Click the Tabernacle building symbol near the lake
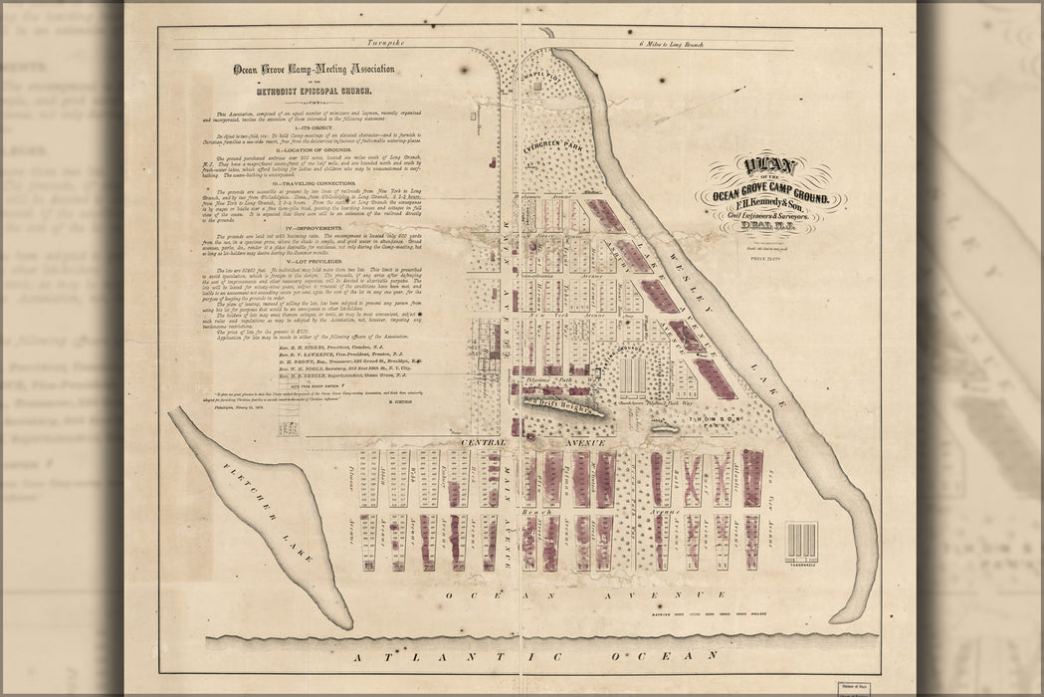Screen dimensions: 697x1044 click(800, 543)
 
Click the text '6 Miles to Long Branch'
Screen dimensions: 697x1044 click(676, 47)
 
